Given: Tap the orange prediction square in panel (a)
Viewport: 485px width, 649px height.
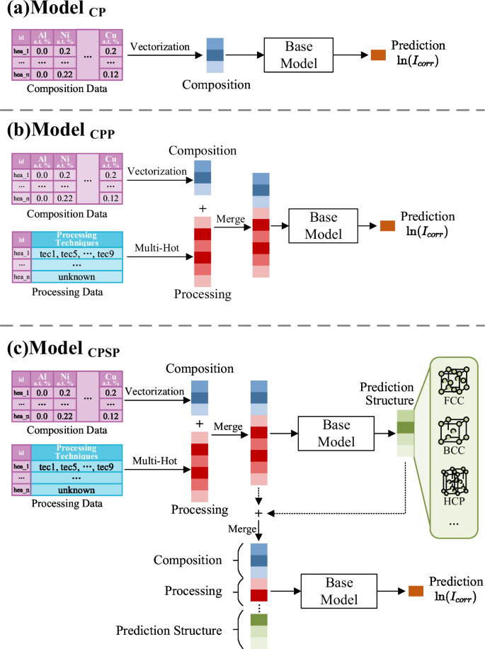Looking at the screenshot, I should tap(377, 55).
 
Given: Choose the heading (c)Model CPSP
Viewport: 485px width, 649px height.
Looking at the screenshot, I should tap(60, 349).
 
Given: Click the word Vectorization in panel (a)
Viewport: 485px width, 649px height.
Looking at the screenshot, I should tap(160, 46).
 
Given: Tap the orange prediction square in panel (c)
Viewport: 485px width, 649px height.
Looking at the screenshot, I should tap(415, 589).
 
